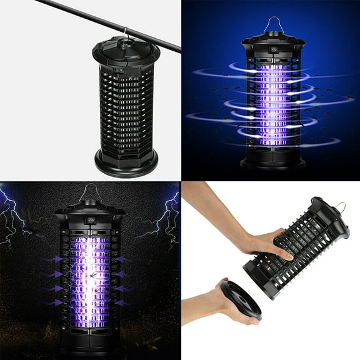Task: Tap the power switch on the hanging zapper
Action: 120,71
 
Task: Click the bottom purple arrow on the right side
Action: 122,302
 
